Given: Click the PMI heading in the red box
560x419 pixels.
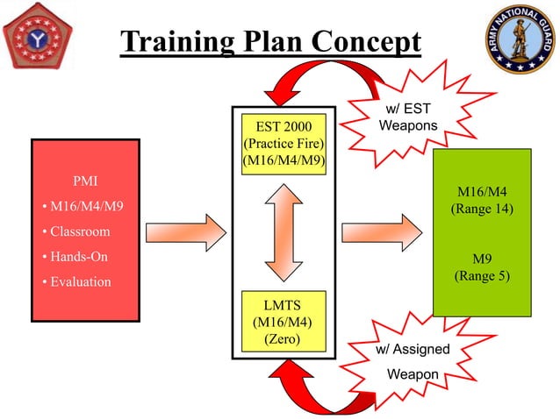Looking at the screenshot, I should point(85,182).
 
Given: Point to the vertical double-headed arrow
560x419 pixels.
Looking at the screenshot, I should point(284,231).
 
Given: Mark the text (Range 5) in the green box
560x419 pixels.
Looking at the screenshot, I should point(482,276).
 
